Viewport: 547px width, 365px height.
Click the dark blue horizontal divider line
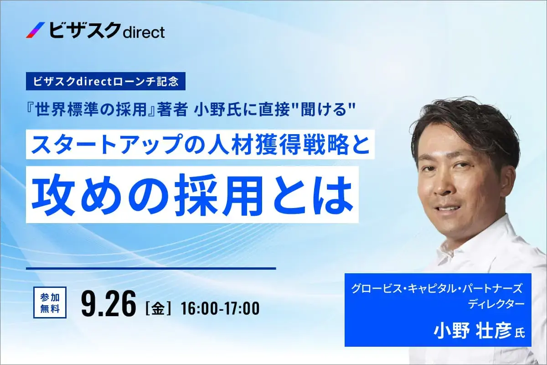(x=151, y=268)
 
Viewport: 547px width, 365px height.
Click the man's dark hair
(x=460, y=121)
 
